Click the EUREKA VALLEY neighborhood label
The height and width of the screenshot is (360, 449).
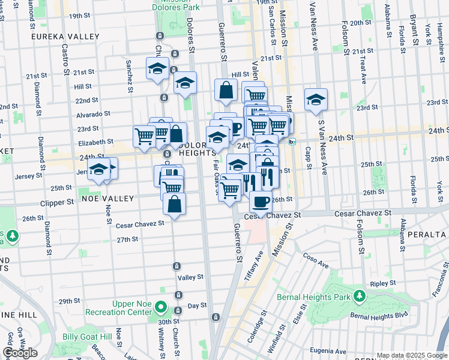tap(67, 37)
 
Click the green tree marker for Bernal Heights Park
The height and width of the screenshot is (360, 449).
tap(360, 296)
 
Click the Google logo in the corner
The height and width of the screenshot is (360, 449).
tap(20, 353)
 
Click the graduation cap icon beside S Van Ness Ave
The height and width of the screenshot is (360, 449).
tap(316, 100)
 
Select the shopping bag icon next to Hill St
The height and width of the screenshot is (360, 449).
tap(226, 91)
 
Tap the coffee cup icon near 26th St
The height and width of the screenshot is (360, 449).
tap(261, 201)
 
